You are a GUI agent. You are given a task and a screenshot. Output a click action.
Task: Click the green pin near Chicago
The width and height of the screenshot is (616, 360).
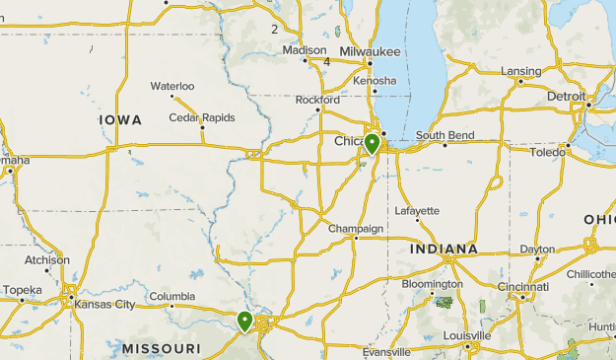(372, 143)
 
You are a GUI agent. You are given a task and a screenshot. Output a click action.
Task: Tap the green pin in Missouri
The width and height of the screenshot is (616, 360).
(244, 321)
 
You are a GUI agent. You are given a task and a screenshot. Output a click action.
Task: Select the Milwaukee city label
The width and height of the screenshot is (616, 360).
(370, 51)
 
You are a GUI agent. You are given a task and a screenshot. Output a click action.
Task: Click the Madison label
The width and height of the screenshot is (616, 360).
(304, 50)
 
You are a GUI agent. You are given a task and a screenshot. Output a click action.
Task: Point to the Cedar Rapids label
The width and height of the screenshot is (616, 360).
(202, 117)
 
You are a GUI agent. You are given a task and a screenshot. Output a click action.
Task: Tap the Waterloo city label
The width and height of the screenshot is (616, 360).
(172, 86)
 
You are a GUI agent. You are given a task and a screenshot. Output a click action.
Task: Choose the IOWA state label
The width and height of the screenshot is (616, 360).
(120, 119)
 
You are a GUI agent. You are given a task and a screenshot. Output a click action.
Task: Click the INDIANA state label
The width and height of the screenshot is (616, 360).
(444, 250)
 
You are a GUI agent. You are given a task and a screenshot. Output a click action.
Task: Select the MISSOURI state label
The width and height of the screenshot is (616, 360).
(162, 349)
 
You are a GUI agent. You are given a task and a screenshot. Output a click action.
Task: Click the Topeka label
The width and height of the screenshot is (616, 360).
(22, 290)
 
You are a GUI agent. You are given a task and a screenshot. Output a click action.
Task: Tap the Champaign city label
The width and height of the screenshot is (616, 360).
(355, 229)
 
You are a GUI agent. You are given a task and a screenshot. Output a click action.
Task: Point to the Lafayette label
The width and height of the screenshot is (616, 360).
(417, 211)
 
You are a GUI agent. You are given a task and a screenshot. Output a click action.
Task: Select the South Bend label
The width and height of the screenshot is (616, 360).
(445, 135)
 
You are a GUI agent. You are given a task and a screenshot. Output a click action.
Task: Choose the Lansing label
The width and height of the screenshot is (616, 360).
(520, 71)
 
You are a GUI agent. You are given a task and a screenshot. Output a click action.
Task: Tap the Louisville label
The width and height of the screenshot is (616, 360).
(467, 335)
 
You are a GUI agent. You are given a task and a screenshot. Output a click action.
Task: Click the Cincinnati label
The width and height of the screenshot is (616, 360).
(523, 287)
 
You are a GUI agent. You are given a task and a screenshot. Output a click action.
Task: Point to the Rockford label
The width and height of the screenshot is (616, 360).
(317, 100)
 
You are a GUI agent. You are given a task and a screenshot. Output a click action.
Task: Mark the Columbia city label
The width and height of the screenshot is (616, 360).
(172, 297)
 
